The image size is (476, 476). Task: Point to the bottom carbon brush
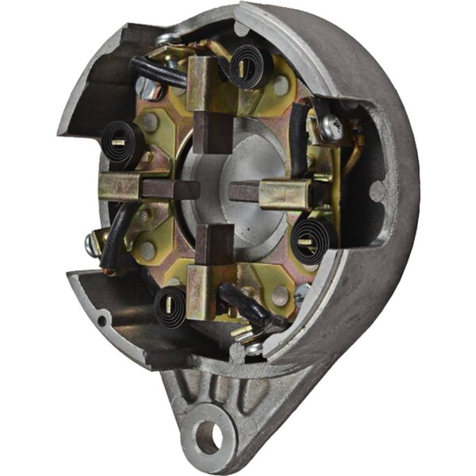pyautogui.click(x=213, y=243)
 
